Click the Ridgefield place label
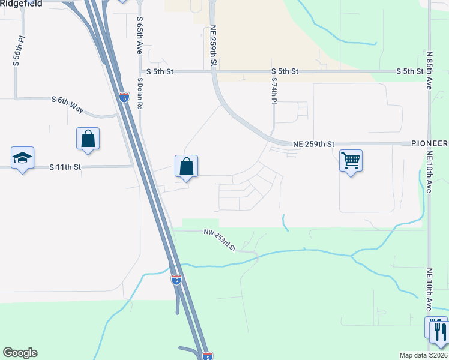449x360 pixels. tap(21, 3)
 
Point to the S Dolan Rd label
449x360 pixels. tap(140, 93)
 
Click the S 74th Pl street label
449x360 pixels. tap(273, 90)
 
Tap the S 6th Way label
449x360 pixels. tap(67, 103)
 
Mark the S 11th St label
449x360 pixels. tap(65, 167)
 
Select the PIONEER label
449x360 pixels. tap(430, 144)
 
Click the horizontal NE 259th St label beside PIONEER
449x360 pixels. tap(313, 144)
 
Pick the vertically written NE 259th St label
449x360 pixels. tap(213, 46)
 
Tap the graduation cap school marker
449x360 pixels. tap(23, 158)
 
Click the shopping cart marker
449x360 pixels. tap(351, 160)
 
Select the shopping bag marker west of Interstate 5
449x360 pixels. tap(88, 139)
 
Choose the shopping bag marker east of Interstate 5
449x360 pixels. tap(187, 166)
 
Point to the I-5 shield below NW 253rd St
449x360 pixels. tap(176, 279)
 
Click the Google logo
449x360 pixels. tap(20, 353)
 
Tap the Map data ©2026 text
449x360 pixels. tap(423, 355)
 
